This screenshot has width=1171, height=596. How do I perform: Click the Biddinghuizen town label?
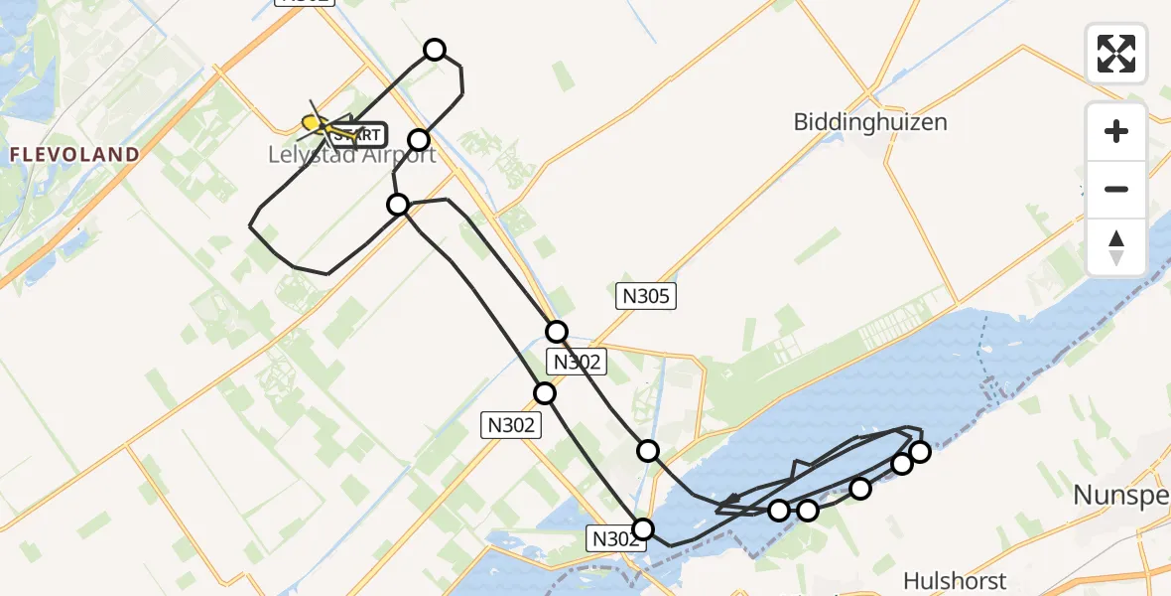click(x=870, y=122)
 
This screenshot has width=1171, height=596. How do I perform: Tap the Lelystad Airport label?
click(x=352, y=155)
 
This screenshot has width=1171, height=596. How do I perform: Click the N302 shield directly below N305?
click(x=576, y=362)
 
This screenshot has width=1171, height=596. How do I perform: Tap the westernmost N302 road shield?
click(x=511, y=425)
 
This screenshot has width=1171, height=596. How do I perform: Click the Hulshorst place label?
click(x=955, y=581)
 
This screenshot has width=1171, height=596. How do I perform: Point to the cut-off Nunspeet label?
click(x=1122, y=495)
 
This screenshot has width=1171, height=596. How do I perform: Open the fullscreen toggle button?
click(x=1116, y=53)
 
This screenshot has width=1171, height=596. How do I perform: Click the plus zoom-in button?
click(x=1116, y=131)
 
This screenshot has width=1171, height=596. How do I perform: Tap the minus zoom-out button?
click(x=1116, y=189)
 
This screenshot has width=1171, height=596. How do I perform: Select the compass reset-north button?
click(x=1116, y=247)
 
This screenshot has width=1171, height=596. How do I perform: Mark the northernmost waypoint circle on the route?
click(x=434, y=50)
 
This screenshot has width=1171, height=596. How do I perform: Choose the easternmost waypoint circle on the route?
click(x=920, y=452)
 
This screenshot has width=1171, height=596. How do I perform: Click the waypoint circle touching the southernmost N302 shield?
click(x=643, y=528)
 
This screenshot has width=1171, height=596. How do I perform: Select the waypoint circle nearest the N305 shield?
click(x=557, y=332)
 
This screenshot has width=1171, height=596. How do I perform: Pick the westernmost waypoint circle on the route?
click(x=398, y=205)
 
